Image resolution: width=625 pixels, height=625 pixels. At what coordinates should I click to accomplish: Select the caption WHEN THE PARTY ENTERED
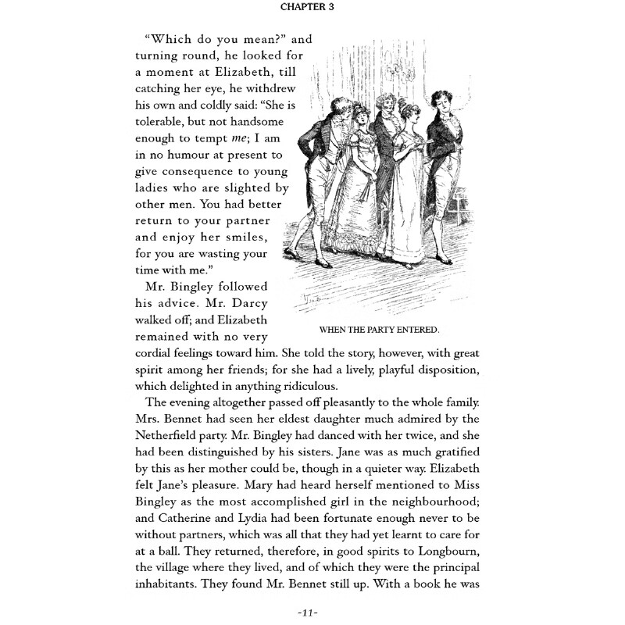click(x=380, y=328)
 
